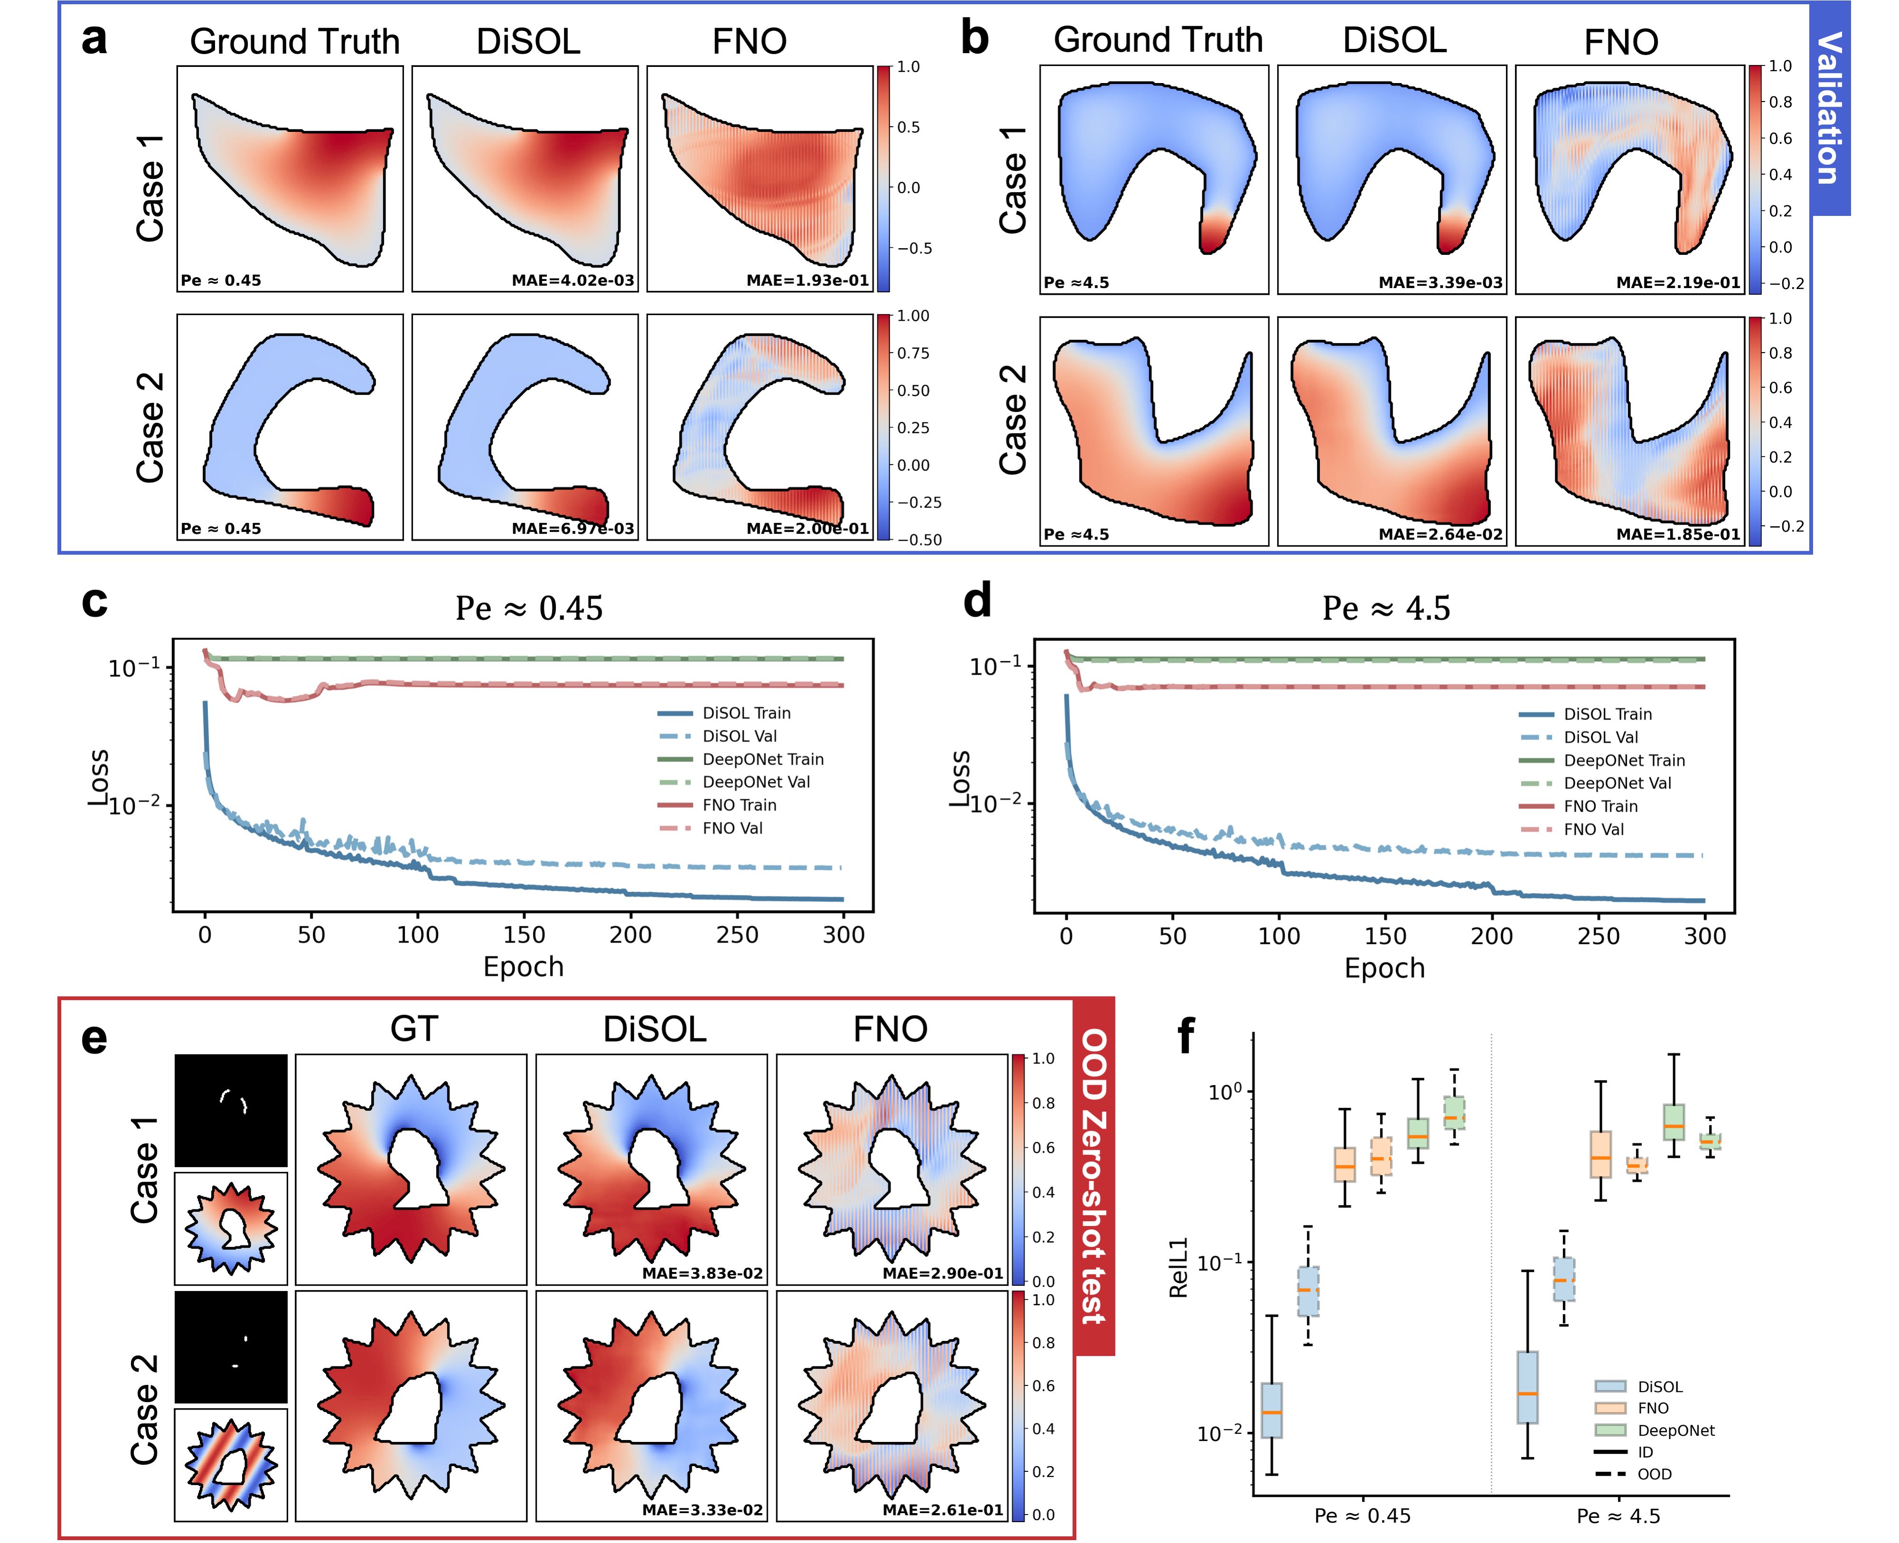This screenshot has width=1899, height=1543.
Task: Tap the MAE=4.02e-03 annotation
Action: tap(573, 281)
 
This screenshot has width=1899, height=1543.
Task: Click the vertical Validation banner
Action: tap(1830, 108)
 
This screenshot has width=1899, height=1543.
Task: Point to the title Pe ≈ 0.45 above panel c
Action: tap(529, 609)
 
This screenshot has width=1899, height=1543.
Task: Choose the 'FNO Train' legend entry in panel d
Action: tap(1600, 806)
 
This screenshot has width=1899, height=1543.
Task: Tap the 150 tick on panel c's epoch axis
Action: tap(524, 935)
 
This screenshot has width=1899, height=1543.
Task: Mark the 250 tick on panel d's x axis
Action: tap(1598, 936)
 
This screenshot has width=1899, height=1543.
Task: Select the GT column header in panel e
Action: tap(414, 1029)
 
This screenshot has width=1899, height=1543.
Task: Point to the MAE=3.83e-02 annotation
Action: tap(702, 1273)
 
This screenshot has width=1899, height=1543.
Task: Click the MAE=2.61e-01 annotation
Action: tap(942, 1509)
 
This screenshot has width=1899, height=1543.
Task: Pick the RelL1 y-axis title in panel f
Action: tap(1178, 1267)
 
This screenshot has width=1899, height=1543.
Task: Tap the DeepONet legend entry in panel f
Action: tap(1675, 1430)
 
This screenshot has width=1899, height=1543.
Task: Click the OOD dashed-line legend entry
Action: tap(1654, 1474)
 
